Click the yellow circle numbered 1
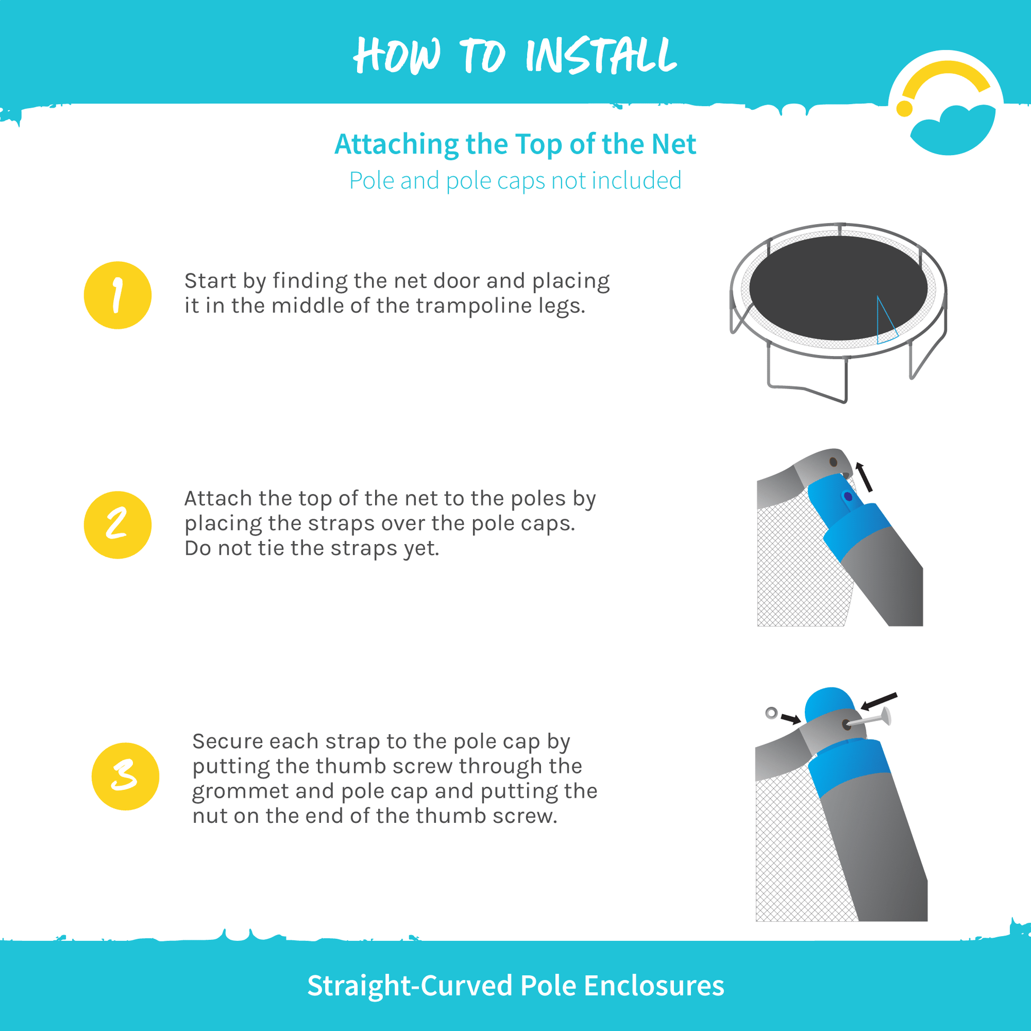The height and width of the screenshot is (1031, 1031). pos(118,295)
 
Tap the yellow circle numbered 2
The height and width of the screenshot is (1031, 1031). pos(118,525)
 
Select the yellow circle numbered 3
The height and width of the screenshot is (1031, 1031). pos(126,777)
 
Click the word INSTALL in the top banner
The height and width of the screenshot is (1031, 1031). pos(601,56)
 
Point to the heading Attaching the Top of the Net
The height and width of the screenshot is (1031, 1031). pos(515,144)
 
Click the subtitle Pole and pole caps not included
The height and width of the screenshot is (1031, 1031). pos(515,180)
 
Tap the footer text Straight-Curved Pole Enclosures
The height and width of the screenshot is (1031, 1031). pos(515,985)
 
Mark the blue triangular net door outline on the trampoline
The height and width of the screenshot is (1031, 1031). pos(885,320)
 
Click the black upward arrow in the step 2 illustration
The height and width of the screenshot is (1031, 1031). pos(864,476)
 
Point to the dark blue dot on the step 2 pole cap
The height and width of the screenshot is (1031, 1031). pos(848,497)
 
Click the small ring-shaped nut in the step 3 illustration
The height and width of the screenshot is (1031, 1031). pos(771,713)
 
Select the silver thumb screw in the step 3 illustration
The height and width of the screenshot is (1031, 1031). pos(870,719)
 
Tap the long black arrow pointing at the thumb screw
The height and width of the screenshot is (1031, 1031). pos(879,702)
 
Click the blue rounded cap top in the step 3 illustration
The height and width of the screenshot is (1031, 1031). pos(831,704)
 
